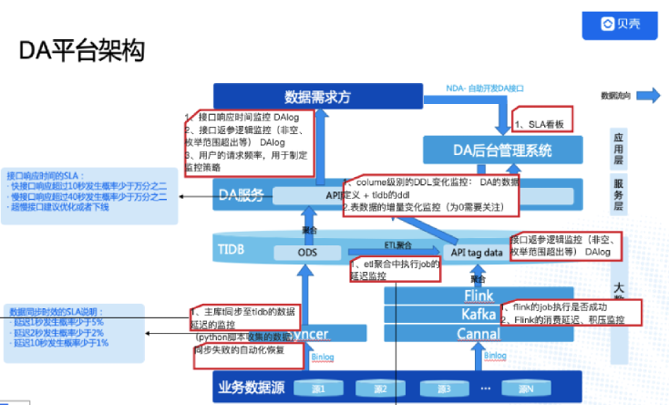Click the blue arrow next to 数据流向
point(649,95)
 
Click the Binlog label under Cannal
point(495,355)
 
